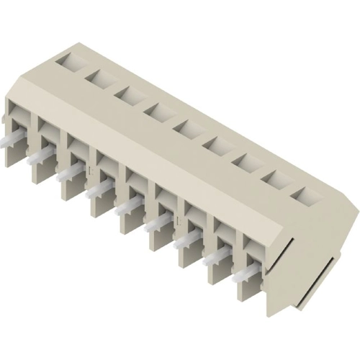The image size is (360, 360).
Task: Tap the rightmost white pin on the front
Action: point(246,278)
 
